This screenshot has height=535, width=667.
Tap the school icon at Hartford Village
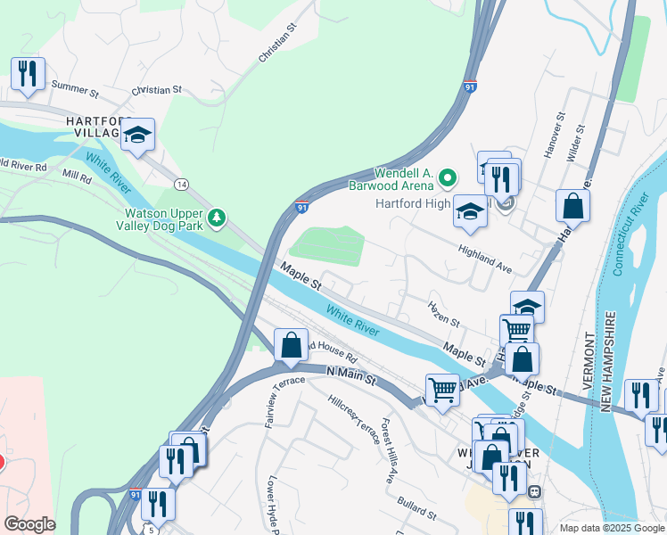pyautogui.click(x=137, y=136)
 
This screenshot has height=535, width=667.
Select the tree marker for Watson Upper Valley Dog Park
pyautogui.click(x=215, y=217)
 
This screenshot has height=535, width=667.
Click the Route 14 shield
pyautogui.click(x=182, y=185)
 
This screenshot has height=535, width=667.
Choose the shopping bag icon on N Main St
pyautogui.click(x=291, y=345)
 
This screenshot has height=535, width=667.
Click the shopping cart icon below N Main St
pyautogui.click(x=442, y=390)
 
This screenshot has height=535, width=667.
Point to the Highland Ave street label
pyautogui.click(x=485, y=259)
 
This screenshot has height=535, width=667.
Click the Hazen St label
pyautogui.click(x=443, y=313)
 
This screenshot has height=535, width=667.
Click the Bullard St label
pyautogui.click(x=416, y=508)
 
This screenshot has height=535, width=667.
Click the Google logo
pyautogui.click(x=29, y=524)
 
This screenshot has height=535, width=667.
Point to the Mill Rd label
pyautogui.click(x=77, y=177)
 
